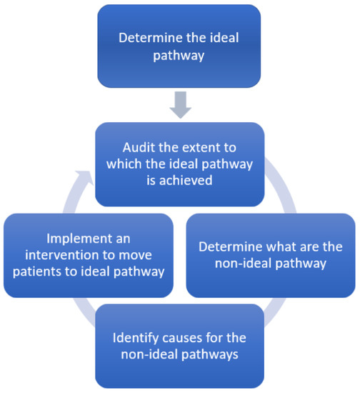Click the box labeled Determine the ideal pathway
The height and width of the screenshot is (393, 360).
pyautogui.click(x=179, y=46)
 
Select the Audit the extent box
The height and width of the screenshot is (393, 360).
pyautogui.click(x=179, y=163)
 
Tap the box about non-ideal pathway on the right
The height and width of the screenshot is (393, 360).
pyautogui.click(x=270, y=255)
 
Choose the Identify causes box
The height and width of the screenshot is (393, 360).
pyautogui.click(x=179, y=345)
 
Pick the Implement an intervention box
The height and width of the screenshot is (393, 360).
pyautogui.click(x=89, y=255)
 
